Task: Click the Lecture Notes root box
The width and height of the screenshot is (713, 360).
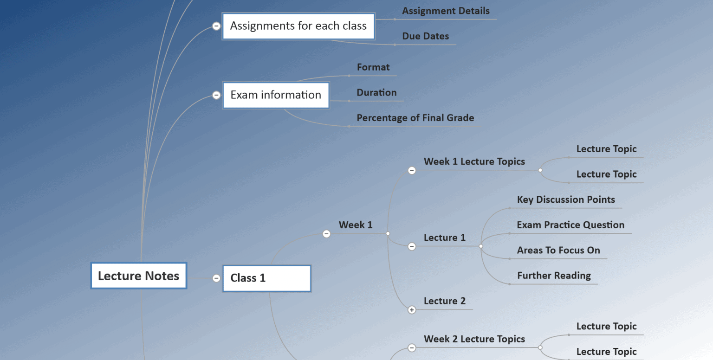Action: [x=138, y=276]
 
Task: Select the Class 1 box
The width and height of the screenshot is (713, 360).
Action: [x=266, y=278]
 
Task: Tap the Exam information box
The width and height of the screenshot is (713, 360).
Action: [x=276, y=95]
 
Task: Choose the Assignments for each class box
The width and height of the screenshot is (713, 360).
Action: [x=298, y=26]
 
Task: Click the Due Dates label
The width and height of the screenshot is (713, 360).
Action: [x=425, y=36]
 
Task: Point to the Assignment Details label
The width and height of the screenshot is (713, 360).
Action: [x=446, y=11]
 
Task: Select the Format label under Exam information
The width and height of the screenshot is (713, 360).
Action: [x=373, y=67]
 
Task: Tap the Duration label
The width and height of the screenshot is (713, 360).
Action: [x=376, y=93]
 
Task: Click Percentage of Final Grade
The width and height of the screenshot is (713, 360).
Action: [x=415, y=118]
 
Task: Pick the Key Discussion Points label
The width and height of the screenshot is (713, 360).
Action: [x=566, y=200]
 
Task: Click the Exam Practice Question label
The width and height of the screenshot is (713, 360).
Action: [x=570, y=225]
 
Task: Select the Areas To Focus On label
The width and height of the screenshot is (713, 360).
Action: [x=558, y=251]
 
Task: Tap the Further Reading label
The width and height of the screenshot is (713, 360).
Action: [x=554, y=276]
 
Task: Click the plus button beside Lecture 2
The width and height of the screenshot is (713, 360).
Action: [x=412, y=310]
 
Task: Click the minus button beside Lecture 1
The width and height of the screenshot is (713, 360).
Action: [x=412, y=246]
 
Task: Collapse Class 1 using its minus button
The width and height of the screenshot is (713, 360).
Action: [x=216, y=278]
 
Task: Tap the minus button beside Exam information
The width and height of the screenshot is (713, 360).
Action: [x=216, y=95]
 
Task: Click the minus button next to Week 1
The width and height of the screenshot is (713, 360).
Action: [x=326, y=234]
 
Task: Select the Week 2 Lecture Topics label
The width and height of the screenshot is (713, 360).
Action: [x=474, y=339]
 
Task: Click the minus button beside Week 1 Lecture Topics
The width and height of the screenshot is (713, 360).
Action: [x=412, y=170]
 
